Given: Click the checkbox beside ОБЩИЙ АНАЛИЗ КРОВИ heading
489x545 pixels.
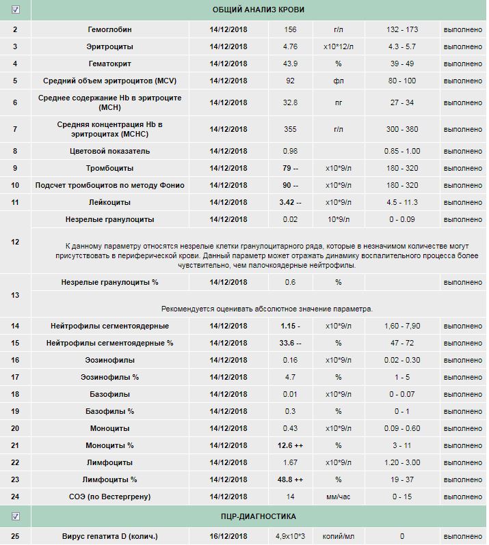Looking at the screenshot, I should pyautogui.click(x=16, y=10).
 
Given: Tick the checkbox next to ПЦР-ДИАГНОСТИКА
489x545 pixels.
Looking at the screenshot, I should pyautogui.click(x=16, y=517).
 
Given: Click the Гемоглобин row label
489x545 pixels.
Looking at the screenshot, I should pyautogui.click(x=109, y=30).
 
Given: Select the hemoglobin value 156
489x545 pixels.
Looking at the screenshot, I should pyautogui.click(x=291, y=30).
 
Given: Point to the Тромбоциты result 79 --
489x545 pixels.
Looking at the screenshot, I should pyautogui.click(x=291, y=168).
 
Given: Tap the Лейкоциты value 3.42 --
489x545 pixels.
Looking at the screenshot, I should pyautogui.click(x=291, y=202).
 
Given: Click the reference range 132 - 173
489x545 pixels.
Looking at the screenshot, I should pyautogui.click(x=401, y=30).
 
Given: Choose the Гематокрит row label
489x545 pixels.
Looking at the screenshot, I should pyautogui.click(x=109, y=64).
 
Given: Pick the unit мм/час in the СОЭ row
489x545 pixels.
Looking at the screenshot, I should pyautogui.click(x=338, y=497).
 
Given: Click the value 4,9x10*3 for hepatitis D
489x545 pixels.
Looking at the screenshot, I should pyautogui.click(x=291, y=537).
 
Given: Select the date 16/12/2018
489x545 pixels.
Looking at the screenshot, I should pyautogui.click(x=229, y=537).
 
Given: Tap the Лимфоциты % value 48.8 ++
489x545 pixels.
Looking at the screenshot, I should pyautogui.click(x=291, y=479).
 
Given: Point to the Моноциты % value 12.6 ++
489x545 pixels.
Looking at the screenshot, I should pyautogui.click(x=291, y=445).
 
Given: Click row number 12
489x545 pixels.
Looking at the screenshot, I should pyautogui.click(x=16, y=242).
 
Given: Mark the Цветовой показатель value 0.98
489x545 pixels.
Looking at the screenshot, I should pyautogui.click(x=291, y=151).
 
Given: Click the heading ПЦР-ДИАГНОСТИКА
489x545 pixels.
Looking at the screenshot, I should pyautogui.click(x=259, y=517).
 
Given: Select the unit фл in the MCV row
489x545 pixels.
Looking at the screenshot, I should pyautogui.click(x=338, y=81).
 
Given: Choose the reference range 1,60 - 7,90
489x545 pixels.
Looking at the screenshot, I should pyautogui.click(x=401, y=326).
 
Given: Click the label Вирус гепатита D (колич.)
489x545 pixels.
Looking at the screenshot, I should pyautogui.click(x=109, y=537).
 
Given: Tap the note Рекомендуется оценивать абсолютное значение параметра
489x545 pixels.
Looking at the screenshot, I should pyautogui.click(x=267, y=309).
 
